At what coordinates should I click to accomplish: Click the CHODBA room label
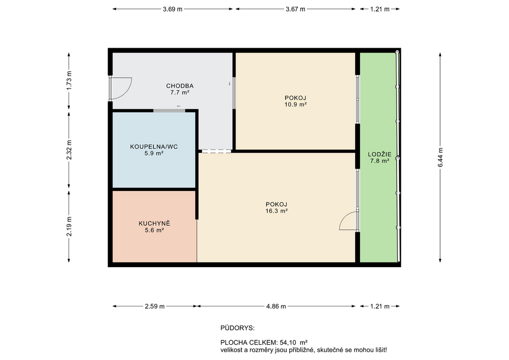(180, 85)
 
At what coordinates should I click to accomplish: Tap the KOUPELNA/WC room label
(147, 146)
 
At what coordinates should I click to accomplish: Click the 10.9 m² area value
(295, 104)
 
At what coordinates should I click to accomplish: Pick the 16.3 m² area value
(276, 210)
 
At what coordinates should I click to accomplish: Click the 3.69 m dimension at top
(172, 9)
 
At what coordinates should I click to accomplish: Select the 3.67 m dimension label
(295, 9)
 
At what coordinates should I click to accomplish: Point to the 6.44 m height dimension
(440, 157)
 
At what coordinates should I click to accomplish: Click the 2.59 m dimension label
(154, 306)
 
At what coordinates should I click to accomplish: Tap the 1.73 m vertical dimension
(69, 81)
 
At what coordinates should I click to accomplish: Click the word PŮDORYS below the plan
(237, 329)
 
